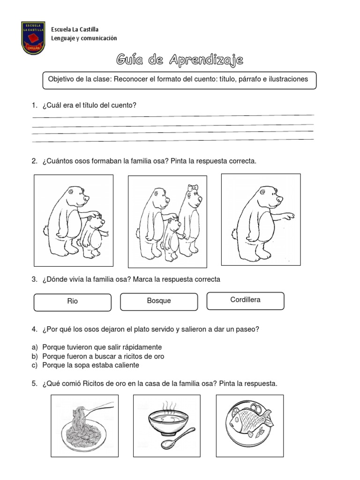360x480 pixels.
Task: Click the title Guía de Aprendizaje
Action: coord(180,60)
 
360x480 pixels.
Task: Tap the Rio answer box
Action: coord(73,301)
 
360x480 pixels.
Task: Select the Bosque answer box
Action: coord(159,301)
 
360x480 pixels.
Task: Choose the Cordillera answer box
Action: coord(245,300)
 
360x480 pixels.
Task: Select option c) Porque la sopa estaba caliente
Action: coord(90,365)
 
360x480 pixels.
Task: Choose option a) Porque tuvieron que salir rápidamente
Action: coord(102,347)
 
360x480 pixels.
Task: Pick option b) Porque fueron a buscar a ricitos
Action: coord(103,356)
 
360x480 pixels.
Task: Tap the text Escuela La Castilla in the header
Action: coord(75,30)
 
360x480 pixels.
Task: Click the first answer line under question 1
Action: coord(172,115)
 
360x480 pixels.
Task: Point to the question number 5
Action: coord(35,383)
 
